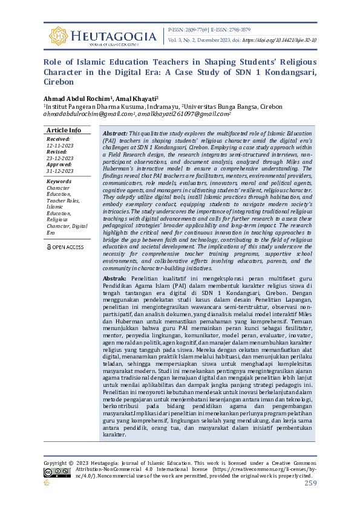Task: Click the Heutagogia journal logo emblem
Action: tap(58, 36)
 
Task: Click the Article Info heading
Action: tap(64, 130)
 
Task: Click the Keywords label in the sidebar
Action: tap(59, 181)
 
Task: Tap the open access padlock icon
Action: tap(50, 247)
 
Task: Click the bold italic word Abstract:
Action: tap(115, 133)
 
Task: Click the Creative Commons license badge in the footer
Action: tap(52, 472)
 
